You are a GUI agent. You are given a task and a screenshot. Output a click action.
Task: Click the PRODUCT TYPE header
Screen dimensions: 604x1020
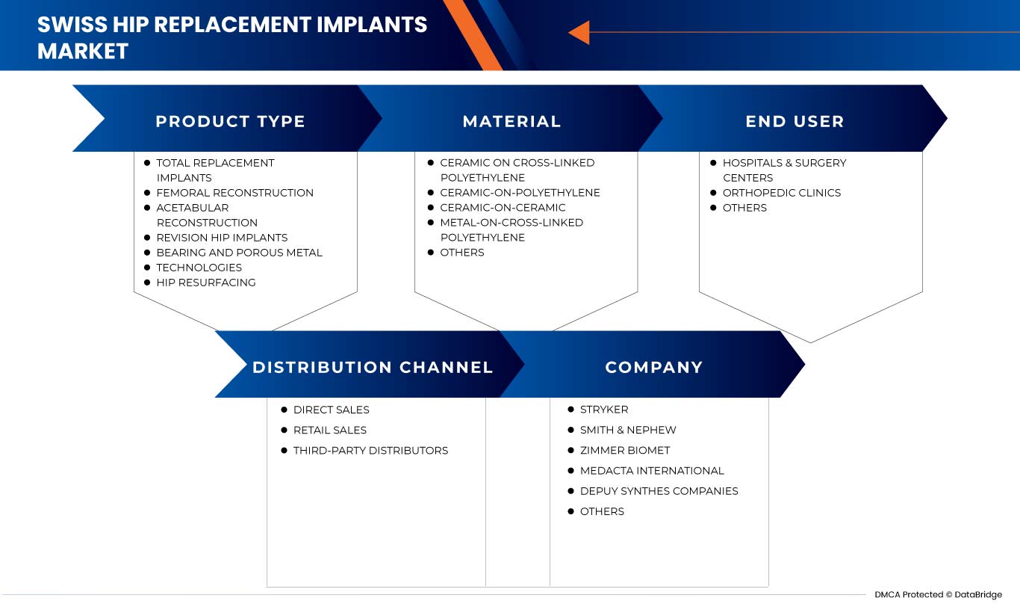click(x=230, y=121)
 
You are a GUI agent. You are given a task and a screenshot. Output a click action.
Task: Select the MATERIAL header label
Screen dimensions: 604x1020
click(x=511, y=121)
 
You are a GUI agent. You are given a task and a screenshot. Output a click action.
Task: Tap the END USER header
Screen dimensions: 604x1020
click(x=794, y=121)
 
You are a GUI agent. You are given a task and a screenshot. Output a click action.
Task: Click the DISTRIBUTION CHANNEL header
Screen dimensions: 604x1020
click(x=373, y=367)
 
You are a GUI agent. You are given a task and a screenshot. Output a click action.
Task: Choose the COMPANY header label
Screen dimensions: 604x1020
click(x=653, y=367)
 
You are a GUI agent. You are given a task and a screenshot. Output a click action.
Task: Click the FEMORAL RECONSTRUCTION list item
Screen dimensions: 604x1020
click(x=234, y=193)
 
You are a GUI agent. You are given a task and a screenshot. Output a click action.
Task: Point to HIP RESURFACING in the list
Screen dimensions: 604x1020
click(x=205, y=283)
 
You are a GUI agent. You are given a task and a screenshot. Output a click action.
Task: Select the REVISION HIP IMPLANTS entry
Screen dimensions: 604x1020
click(x=222, y=238)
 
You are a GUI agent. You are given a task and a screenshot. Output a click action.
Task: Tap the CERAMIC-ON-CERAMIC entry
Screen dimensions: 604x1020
click(x=503, y=208)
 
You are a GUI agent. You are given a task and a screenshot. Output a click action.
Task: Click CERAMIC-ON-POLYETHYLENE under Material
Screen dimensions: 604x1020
click(x=520, y=193)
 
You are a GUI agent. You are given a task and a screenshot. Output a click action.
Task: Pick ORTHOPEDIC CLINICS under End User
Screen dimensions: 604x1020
click(x=781, y=193)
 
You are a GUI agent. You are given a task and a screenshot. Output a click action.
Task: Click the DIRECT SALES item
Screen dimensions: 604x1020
click(x=331, y=410)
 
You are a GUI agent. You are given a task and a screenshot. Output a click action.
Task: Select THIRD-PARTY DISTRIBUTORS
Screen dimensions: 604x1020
click(x=370, y=450)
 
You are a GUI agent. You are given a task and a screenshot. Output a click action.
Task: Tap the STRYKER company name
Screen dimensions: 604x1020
click(x=604, y=410)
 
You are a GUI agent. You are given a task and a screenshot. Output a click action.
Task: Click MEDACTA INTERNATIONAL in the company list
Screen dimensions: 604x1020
click(x=652, y=470)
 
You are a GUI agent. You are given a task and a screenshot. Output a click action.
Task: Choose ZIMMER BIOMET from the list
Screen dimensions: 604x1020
click(x=625, y=450)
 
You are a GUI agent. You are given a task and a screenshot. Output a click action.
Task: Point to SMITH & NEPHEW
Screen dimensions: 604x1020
click(x=628, y=430)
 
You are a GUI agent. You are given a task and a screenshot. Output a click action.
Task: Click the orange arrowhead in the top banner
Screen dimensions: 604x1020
click(x=579, y=33)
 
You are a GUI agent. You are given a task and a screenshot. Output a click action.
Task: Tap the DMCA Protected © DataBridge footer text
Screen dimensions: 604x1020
click(x=938, y=595)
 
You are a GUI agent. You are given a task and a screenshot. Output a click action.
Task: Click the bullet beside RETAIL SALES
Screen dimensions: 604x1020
click(x=284, y=430)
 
